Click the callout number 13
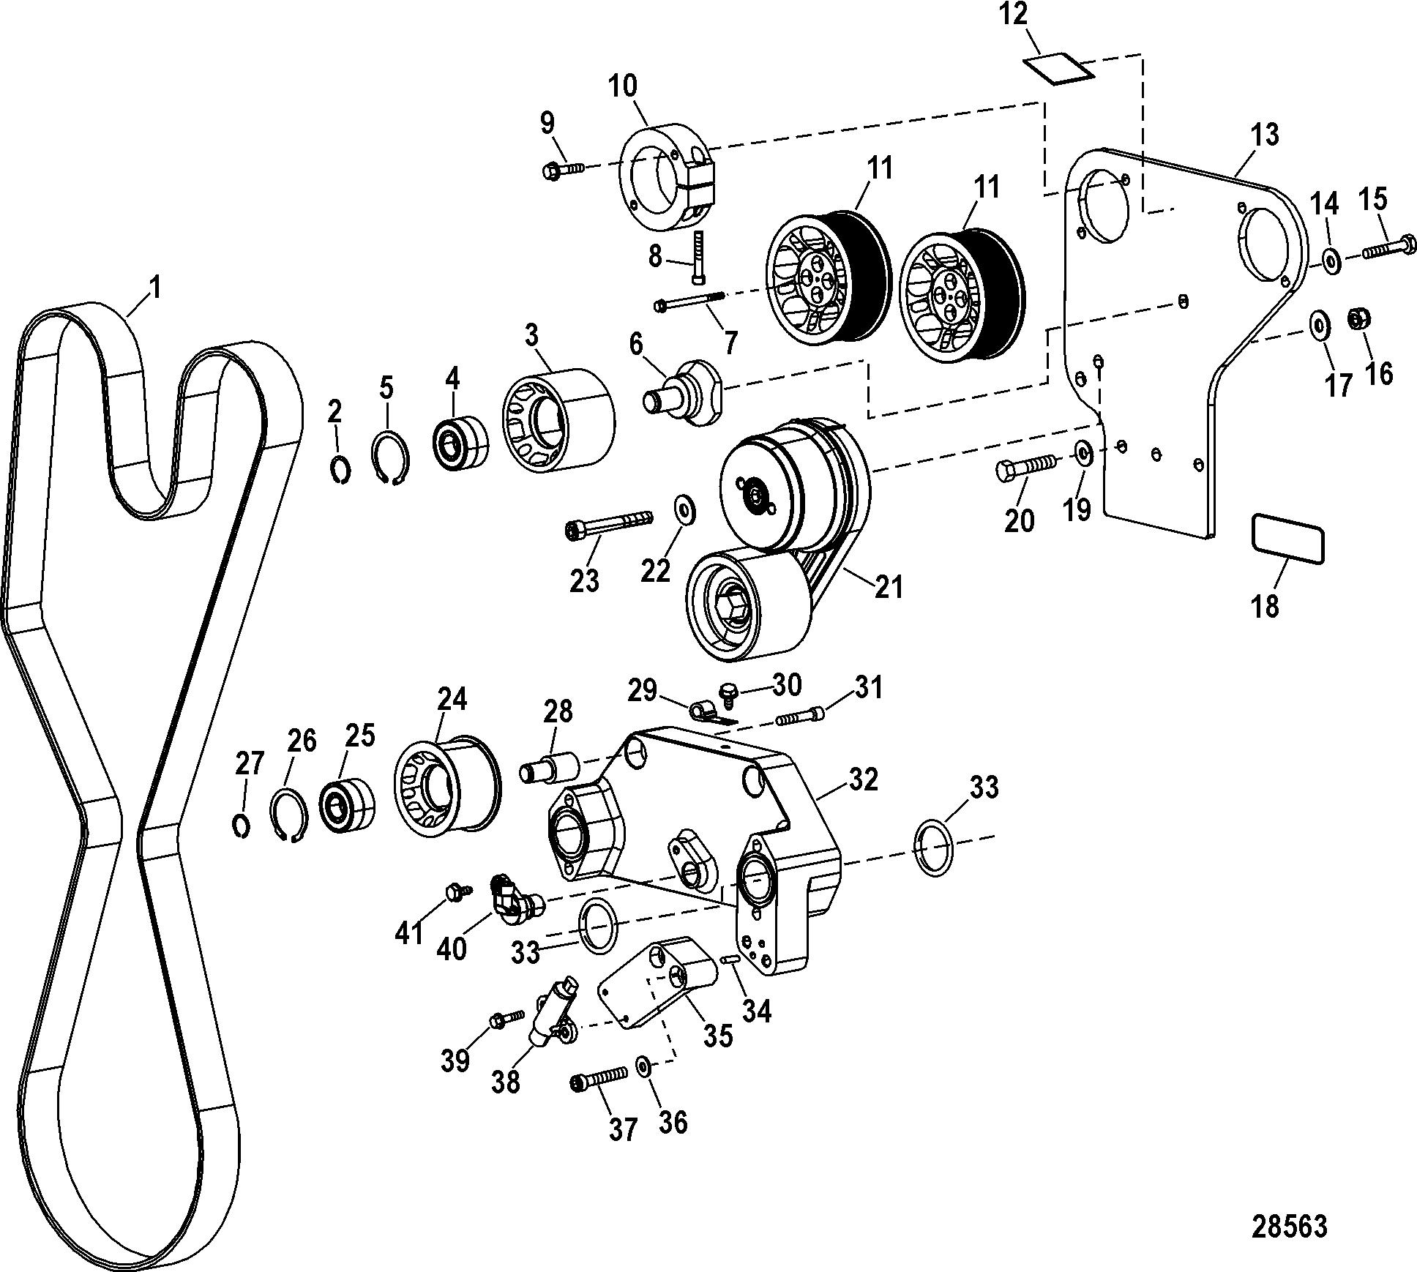[x=1264, y=135]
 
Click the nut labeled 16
[x=1360, y=318]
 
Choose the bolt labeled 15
[x=1389, y=247]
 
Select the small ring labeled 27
[x=242, y=825]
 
